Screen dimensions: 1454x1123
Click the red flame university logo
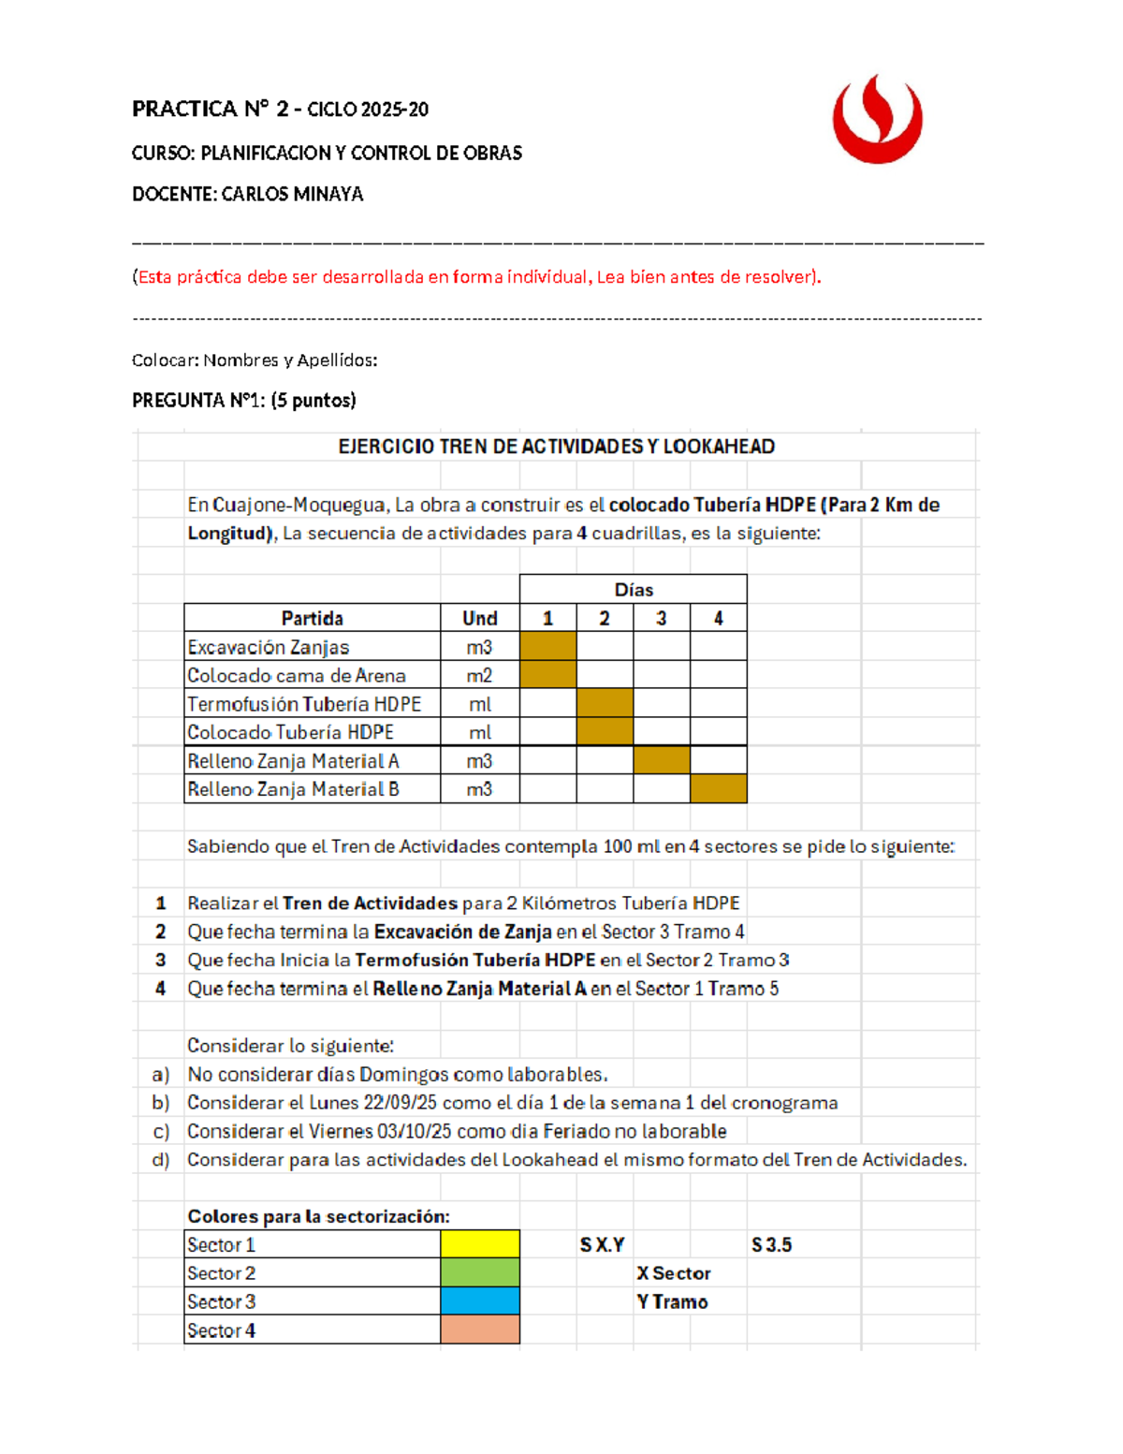pos(877,120)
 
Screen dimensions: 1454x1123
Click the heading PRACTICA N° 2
pos(210,110)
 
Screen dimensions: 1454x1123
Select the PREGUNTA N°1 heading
pos(243,401)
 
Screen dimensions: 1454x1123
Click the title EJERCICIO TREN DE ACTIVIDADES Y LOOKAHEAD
pos(556,447)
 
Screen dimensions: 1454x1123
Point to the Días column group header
pos(634,590)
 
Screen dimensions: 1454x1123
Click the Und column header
pos(479,618)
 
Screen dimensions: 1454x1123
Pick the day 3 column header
pos(661,618)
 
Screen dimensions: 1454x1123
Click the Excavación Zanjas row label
pos(268,647)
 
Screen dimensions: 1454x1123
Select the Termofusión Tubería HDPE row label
pos(304,704)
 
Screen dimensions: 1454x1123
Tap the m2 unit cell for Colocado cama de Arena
pos(479,675)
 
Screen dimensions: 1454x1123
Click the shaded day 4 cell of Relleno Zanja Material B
pos(718,788)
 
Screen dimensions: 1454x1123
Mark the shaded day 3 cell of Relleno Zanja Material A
pos(661,760)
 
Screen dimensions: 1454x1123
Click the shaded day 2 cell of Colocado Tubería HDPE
pos(605,732)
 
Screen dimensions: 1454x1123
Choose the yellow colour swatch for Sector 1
pos(479,1244)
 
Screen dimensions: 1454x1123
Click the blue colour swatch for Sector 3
pos(479,1301)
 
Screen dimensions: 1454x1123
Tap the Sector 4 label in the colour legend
pos(221,1330)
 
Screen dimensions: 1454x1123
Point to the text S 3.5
pos(771,1245)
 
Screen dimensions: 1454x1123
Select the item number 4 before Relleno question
pos(161,989)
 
